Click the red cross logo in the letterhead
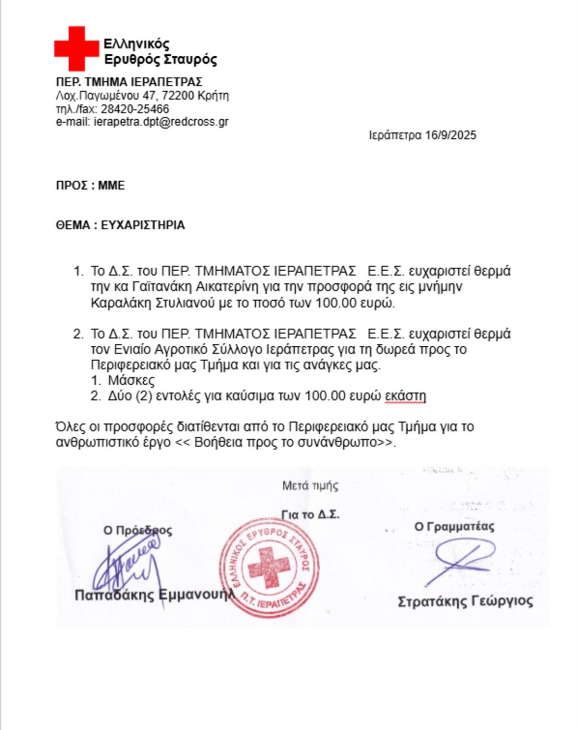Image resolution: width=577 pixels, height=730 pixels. [x=76, y=49]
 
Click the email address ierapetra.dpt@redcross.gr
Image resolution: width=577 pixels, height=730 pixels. [x=161, y=122]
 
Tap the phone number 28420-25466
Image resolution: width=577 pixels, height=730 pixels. [x=135, y=109]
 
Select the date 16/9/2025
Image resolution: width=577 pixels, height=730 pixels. [x=451, y=135]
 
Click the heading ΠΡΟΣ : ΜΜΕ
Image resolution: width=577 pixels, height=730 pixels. [x=90, y=186]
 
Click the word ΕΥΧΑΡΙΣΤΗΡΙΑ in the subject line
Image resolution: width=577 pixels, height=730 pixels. [x=143, y=225]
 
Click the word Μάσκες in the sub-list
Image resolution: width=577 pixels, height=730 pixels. [x=131, y=380]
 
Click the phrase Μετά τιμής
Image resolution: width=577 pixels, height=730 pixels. [x=310, y=486]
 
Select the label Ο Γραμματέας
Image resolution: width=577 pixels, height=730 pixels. [x=454, y=527]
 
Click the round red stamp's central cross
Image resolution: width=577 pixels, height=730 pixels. [x=269, y=568]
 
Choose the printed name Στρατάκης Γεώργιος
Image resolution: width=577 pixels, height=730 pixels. [x=465, y=602]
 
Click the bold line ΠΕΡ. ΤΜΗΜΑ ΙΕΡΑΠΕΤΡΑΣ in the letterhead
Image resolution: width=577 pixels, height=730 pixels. [x=129, y=82]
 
